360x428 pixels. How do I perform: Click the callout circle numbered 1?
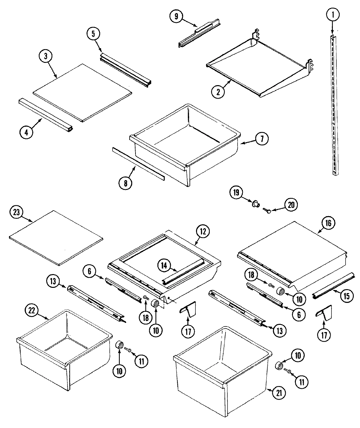(x=333, y=14)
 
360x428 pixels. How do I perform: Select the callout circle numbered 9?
(x=176, y=16)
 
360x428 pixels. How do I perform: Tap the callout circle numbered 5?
(x=93, y=34)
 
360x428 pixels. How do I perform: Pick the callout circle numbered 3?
(x=46, y=56)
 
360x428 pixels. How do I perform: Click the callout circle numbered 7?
(x=261, y=139)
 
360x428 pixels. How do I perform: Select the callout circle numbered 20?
(x=291, y=205)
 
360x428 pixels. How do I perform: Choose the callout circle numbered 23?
(x=16, y=212)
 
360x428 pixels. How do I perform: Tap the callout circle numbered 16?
(x=328, y=223)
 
